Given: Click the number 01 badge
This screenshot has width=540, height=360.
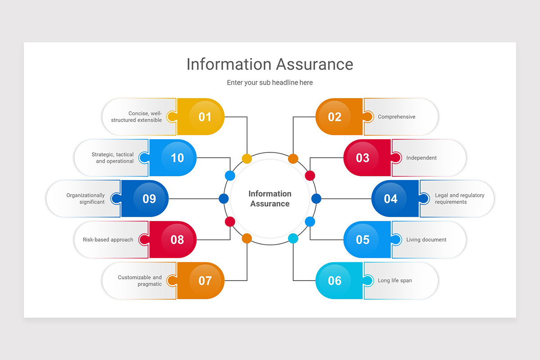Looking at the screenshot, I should [205, 117].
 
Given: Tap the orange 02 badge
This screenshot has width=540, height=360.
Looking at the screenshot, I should [335, 117].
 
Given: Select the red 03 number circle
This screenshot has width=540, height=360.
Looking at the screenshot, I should [363, 158].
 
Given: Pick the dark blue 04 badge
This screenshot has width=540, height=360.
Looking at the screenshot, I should [391, 199].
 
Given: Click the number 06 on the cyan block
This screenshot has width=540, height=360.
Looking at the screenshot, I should [335, 281].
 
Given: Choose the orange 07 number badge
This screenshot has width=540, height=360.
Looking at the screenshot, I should [205, 281].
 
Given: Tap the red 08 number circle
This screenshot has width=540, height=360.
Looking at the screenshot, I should [177, 240].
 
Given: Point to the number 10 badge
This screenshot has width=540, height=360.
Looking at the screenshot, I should [177, 158].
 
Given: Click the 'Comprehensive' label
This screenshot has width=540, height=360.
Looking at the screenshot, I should [396, 117].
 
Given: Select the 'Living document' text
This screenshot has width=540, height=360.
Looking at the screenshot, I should [426, 240].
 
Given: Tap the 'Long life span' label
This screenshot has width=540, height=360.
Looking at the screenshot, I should [395, 281].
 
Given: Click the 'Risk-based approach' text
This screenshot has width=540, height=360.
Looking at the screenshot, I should [108, 240].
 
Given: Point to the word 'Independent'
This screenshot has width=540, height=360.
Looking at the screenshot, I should [421, 158].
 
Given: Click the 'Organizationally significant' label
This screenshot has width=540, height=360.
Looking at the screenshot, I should [85, 199].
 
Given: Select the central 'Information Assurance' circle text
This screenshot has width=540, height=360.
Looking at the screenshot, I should [270, 199].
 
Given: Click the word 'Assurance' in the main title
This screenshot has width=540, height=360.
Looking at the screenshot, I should [315, 64].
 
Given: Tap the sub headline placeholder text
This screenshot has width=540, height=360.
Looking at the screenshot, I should [270, 83].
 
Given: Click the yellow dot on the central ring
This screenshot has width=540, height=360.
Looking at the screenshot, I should [247, 158].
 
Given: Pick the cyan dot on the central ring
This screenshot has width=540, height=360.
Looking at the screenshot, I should [293, 238].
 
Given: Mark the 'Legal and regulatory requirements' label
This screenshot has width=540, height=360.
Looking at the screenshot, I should [459, 199].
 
